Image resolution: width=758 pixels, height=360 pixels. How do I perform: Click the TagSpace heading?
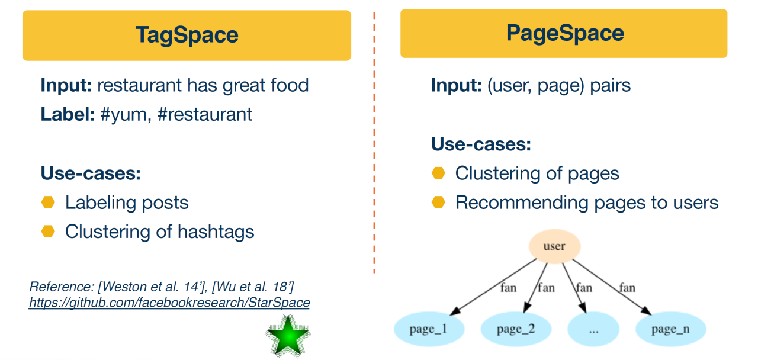(187, 35)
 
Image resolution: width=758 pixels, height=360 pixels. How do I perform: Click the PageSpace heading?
(564, 33)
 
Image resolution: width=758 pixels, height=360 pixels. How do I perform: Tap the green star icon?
(287, 336)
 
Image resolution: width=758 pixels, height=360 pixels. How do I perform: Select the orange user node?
(554, 246)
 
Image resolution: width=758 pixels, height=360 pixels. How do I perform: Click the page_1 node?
(428, 329)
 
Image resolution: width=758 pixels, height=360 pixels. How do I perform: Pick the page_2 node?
(515, 329)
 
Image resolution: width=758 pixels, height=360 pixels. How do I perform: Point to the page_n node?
(670, 329)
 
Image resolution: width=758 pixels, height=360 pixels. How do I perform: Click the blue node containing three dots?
(594, 329)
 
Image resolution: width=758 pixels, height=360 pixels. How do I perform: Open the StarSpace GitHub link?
(169, 303)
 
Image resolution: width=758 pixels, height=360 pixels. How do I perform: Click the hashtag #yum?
(124, 114)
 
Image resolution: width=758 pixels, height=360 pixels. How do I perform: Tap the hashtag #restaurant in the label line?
(205, 114)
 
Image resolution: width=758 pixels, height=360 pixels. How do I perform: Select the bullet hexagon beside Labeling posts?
(48, 202)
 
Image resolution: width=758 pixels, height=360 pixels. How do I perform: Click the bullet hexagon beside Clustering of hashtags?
(48, 231)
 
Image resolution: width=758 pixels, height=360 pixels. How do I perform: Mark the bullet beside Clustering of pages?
(438, 173)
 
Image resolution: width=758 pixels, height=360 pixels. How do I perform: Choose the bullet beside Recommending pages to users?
(438, 202)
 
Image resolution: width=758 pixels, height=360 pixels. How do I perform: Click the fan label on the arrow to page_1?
(508, 288)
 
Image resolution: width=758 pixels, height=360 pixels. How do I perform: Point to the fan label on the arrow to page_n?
(627, 288)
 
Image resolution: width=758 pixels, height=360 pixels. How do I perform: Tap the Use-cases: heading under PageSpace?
(481, 144)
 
